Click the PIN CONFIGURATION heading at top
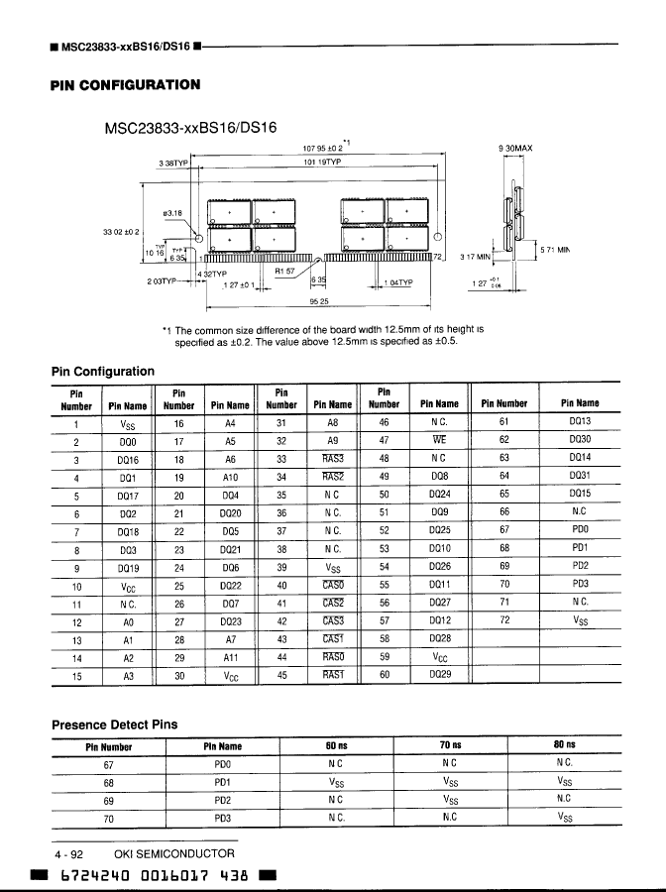point(125,85)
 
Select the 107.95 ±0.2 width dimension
point(322,148)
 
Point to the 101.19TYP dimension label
point(322,162)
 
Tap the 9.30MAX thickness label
point(515,149)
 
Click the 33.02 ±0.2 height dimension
point(121,231)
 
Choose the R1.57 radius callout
point(286,270)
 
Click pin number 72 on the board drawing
point(437,257)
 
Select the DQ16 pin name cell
point(127,459)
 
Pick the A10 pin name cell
point(230,477)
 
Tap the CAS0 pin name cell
point(333,585)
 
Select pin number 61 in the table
point(503,422)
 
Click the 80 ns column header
point(565,745)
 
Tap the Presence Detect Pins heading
point(114,725)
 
